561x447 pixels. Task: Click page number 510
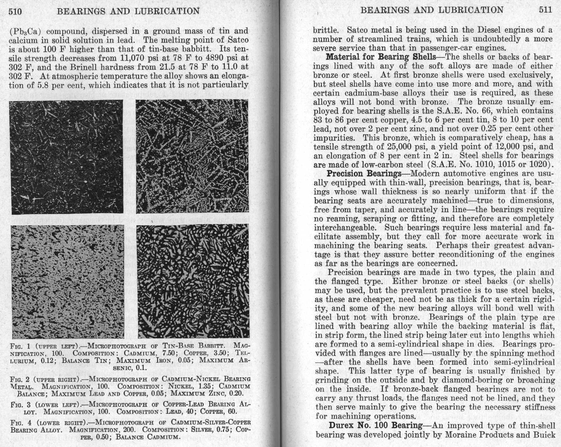click(x=15, y=12)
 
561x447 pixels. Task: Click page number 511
click(x=545, y=10)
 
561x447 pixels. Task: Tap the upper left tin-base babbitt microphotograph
click(x=67, y=157)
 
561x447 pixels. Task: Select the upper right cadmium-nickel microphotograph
click(x=192, y=156)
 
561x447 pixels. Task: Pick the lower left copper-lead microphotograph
click(x=67, y=281)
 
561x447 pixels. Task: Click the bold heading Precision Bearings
click(x=364, y=174)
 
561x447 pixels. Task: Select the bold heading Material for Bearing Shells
click(x=381, y=57)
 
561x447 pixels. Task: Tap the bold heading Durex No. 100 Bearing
click(x=375, y=426)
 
